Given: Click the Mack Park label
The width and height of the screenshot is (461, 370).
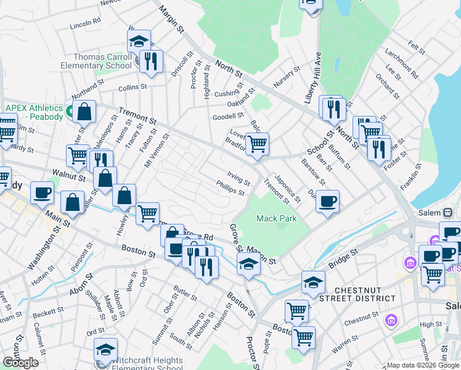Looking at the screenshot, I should (277, 218).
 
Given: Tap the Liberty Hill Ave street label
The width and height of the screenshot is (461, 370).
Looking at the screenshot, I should (319, 60).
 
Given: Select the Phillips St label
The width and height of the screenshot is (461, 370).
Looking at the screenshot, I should (230, 187).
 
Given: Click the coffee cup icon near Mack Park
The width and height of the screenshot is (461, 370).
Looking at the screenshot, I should (327, 200).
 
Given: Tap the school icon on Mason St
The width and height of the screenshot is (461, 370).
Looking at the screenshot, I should (248, 263).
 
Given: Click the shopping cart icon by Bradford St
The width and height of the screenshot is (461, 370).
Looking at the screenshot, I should (257, 144).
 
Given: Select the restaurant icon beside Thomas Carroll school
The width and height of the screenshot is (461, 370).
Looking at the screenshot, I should (150, 60).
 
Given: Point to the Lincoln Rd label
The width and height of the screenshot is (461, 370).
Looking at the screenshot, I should (85, 25).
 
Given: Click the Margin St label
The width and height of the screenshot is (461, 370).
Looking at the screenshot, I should (172, 19).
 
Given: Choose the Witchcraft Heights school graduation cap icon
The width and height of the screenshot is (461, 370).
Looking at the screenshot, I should (105, 349).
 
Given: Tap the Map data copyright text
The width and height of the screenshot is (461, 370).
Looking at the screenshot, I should (422, 365).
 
